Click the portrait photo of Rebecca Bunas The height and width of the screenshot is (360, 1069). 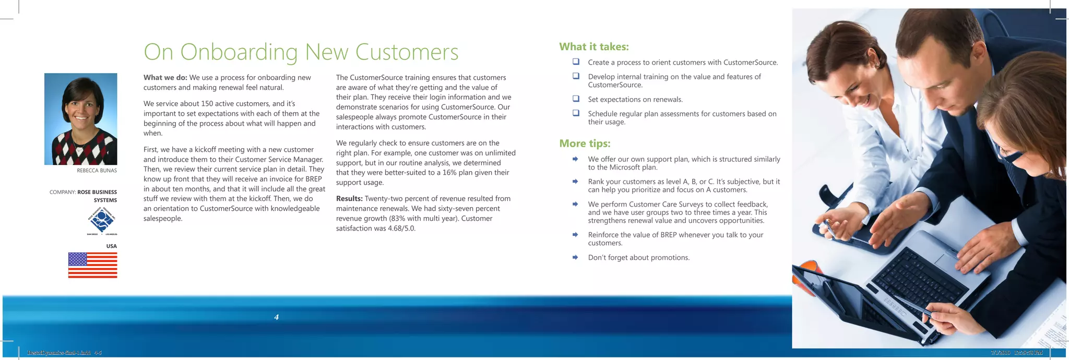(x=80, y=119)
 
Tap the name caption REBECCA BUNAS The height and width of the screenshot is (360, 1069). (x=97, y=171)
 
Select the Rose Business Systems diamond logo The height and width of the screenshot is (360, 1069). (x=102, y=221)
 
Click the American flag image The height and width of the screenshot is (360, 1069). (x=92, y=265)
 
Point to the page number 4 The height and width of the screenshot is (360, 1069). (x=276, y=317)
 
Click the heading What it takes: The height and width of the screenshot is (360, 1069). (x=593, y=47)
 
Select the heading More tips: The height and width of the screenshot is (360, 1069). (x=585, y=143)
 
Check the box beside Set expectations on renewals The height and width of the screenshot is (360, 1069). (x=576, y=99)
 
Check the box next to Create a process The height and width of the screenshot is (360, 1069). (x=576, y=62)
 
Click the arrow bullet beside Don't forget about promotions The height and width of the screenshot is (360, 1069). (x=575, y=257)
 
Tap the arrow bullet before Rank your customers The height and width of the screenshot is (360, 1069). (x=575, y=182)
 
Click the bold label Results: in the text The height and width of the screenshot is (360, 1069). (x=349, y=199)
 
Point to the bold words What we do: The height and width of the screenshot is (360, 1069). (x=165, y=78)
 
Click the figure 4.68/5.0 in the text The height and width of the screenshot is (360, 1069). (x=401, y=229)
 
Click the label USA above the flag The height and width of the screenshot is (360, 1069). (x=111, y=246)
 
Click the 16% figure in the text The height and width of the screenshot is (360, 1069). (x=449, y=173)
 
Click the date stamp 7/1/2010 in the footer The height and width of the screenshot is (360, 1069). (x=1000, y=353)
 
